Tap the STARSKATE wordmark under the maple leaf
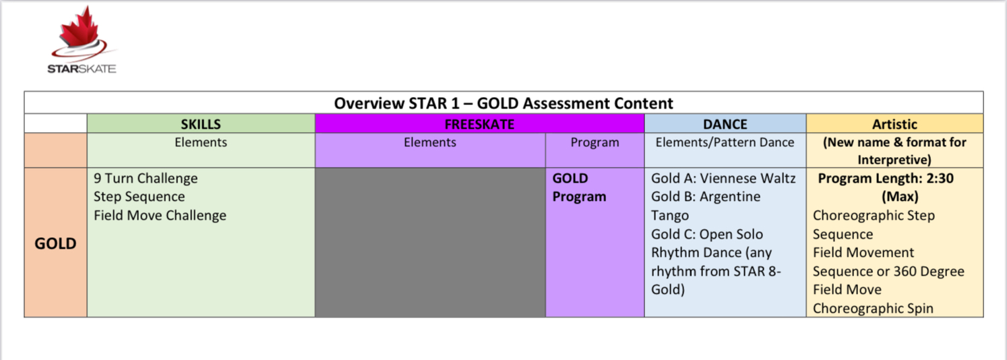82,69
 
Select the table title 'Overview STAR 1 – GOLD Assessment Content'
504,103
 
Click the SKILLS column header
201,124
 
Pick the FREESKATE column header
480,124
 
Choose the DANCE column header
725,124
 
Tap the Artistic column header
894,124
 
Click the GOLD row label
55,243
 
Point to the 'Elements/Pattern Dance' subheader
725,142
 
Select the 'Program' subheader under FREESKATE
594,142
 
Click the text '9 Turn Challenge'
146,179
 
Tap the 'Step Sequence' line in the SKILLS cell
140,197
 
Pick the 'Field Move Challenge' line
160,215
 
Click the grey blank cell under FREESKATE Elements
430,242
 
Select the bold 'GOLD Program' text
579,187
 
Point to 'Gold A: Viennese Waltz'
723,179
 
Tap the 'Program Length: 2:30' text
886,179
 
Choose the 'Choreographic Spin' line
873,308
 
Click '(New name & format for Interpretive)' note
894,151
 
